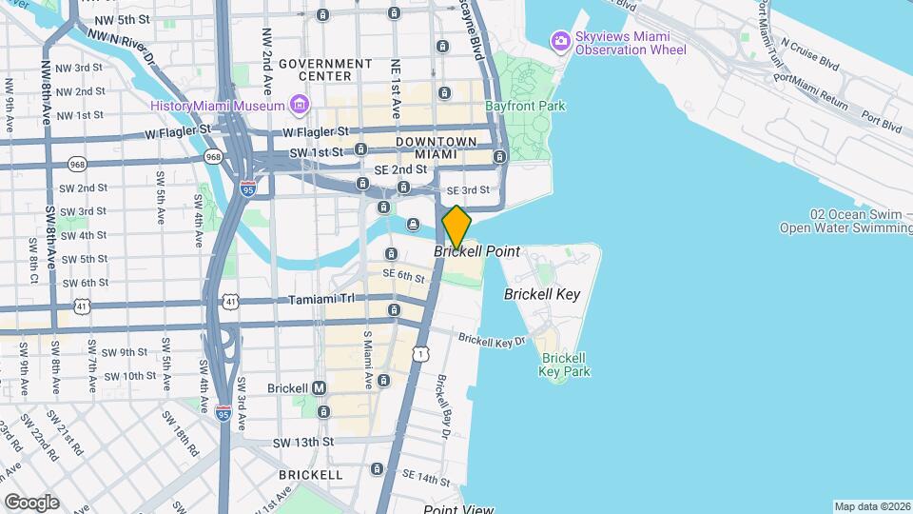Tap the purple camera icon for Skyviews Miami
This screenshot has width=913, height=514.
pyautogui.click(x=560, y=40)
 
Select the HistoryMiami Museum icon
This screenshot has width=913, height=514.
pyautogui.click(x=300, y=103)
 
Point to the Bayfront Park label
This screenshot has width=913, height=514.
pyautogui.click(x=525, y=107)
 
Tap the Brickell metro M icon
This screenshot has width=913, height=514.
pyautogui.click(x=320, y=387)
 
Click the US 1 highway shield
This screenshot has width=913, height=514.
pyautogui.click(x=421, y=353)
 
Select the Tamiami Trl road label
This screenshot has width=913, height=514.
pyautogui.click(x=321, y=300)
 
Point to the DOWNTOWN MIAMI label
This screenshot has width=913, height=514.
pyautogui.click(x=437, y=148)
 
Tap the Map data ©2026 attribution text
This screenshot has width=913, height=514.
pyautogui.click(x=870, y=506)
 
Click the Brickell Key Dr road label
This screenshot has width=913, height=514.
pyautogui.click(x=491, y=340)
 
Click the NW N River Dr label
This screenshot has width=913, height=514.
pyautogui.click(x=122, y=45)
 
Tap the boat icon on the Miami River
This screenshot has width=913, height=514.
pyautogui.click(x=414, y=225)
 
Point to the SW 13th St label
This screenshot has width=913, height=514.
pyautogui.click(x=302, y=443)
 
